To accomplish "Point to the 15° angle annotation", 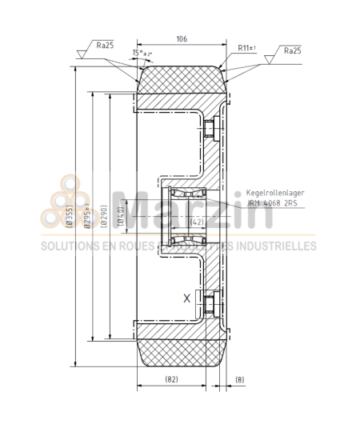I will (142, 54).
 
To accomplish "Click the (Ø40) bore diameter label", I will (120, 213).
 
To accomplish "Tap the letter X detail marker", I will (187, 298).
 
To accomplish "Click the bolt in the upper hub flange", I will (211, 127).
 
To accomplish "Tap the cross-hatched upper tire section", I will (179, 81).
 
